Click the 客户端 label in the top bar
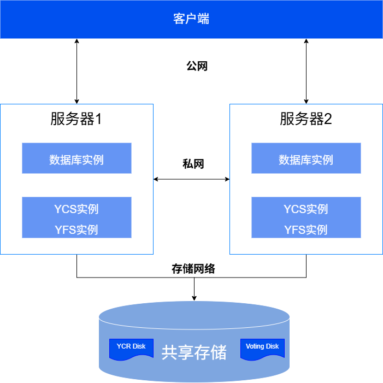point(191,19)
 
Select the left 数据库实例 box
point(76,158)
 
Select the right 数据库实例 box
point(306,158)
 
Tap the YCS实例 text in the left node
point(76,209)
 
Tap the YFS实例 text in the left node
point(76,229)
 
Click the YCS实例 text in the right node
point(306,209)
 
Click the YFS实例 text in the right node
point(306,229)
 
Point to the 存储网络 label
point(193,269)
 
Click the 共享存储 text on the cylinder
point(194,352)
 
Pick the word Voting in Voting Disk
point(255,346)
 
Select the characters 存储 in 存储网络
point(182,269)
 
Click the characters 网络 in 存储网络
point(204,269)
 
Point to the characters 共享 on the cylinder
point(178,352)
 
